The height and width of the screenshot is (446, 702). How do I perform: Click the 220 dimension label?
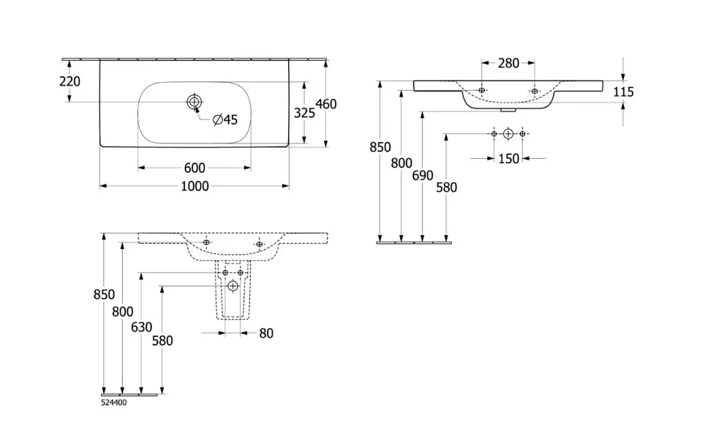click(69, 81)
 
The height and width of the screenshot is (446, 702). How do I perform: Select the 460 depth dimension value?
click(326, 104)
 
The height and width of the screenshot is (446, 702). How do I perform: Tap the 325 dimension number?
click(303, 113)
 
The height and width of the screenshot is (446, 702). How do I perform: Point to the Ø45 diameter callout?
click(225, 119)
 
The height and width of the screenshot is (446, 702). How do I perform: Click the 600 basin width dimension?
click(194, 168)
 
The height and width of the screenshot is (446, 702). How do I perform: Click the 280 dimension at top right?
click(508, 64)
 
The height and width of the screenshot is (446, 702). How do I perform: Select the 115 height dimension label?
click(624, 92)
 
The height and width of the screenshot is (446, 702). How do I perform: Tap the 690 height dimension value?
click(423, 175)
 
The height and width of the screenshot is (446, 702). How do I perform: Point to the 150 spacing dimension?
click(508, 158)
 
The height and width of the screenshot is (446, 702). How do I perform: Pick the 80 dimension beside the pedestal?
click(266, 333)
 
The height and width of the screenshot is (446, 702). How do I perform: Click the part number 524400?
click(114, 401)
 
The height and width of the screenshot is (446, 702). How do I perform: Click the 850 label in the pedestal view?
click(105, 294)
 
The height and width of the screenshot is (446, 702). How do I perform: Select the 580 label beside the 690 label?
click(446, 187)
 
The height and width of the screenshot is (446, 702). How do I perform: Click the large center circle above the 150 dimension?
click(508, 134)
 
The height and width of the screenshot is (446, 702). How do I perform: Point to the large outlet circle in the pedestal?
click(233, 285)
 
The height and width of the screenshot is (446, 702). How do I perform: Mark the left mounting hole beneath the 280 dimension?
click(482, 90)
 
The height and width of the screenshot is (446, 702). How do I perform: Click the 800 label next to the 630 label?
click(122, 311)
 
